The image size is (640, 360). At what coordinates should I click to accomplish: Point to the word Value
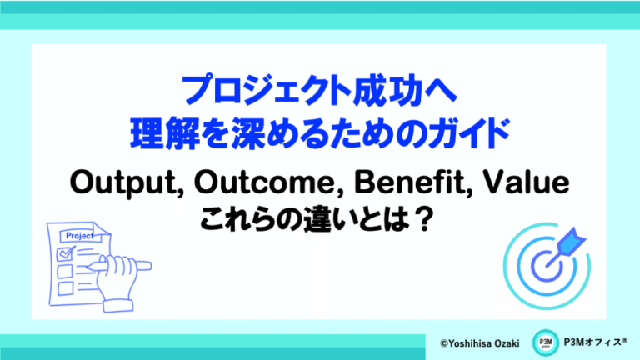click(x=526, y=182)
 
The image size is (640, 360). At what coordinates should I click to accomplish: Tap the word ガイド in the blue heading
click(x=468, y=133)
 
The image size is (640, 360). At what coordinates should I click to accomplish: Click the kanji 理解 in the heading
click(x=164, y=133)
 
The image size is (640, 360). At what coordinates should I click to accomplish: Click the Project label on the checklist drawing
click(x=80, y=236)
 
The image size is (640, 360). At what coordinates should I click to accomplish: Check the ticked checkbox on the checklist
click(x=65, y=254)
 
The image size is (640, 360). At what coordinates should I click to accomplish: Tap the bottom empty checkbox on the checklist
click(x=65, y=288)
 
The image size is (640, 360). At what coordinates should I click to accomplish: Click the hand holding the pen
click(x=117, y=282)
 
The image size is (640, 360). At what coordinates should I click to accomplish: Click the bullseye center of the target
click(x=546, y=267)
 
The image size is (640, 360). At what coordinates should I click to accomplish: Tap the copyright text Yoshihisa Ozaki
click(x=480, y=343)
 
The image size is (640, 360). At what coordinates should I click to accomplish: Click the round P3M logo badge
click(x=545, y=342)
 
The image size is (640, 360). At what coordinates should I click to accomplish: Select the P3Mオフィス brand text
click(x=595, y=342)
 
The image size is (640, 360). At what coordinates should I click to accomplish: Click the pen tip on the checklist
click(x=89, y=267)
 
